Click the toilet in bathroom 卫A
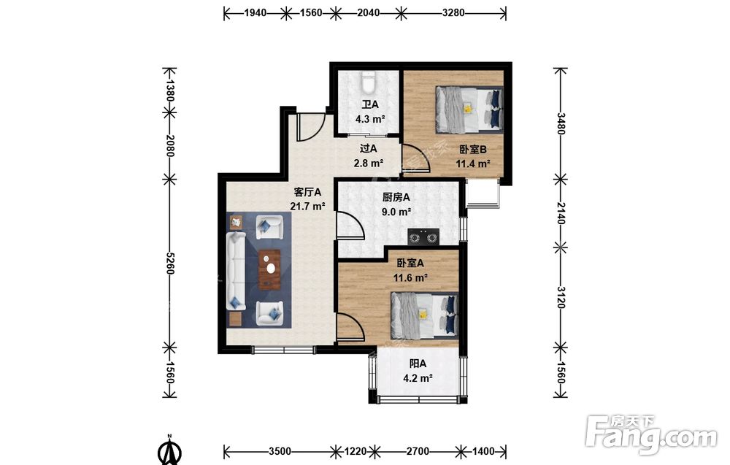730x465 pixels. [x=368, y=82]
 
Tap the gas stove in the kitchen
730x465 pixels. [x=423, y=237]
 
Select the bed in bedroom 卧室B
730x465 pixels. [x=469, y=109]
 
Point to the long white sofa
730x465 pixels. [x=236, y=271]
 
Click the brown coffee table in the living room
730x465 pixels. [x=269, y=269]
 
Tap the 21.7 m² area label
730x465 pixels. [x=307, y=206]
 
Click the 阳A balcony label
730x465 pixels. [x=418, y=363]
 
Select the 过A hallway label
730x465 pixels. [x=368, y=148]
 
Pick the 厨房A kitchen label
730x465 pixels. [x=396, y=197]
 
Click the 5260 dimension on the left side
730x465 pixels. [x=170, y=263]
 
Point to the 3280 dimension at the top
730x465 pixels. [x=453, y=13]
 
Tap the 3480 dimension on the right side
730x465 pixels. [x=561, y=123]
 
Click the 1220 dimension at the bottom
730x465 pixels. [x=356, y=451]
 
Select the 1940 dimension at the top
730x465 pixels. [x=255, y=13]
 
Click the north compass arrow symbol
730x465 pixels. [x=169, y=450]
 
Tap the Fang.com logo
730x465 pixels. [x=651, y=435]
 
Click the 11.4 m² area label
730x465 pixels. [x=473, y=164]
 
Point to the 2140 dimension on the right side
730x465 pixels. [x=561, y=212]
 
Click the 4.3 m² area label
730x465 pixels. [x=370, y=119]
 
